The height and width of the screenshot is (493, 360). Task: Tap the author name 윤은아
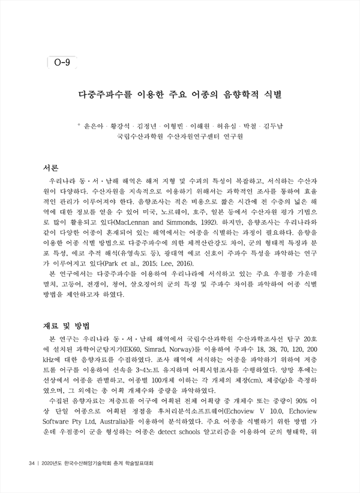click(95, 127)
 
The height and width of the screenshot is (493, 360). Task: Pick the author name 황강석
click(124, 127)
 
